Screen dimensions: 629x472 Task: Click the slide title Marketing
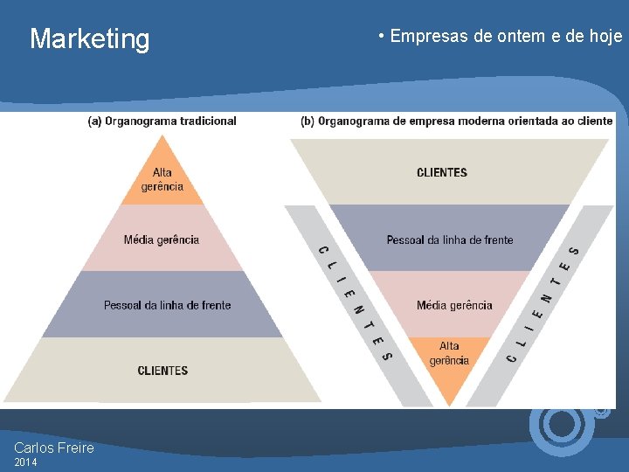pos(90,38)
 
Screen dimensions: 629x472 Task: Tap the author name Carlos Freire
pos(54,448)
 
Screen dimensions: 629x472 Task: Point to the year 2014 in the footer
pos(26,462)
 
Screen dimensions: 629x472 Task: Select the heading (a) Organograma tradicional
pos(162,121)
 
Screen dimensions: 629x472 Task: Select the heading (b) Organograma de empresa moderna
pos(456,121)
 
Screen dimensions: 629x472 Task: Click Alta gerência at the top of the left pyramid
pos(162,179)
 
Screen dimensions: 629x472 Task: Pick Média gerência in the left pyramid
pos(162,239)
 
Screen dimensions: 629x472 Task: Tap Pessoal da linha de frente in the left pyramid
pos(167,305)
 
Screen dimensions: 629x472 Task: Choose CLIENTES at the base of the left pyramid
pos(162,371)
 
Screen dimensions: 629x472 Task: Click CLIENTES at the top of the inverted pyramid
pos(442,172)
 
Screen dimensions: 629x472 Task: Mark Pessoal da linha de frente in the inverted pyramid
pos(450,239)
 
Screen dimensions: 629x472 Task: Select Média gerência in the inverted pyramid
pos(454,305)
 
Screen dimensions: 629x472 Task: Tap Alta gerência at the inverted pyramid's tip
pos(449,353)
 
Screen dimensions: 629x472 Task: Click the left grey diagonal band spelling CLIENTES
pos(355,302)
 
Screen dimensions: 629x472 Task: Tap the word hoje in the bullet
pos(605,36)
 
